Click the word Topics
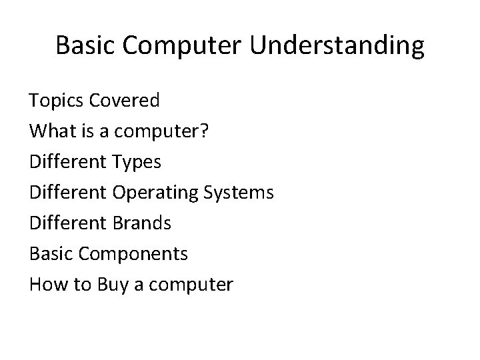(x=57, y=101)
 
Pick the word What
(x=49, y=131)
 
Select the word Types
(x=137, y=162)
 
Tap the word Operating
(x=154, y=193)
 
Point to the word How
(x=45, y=285)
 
